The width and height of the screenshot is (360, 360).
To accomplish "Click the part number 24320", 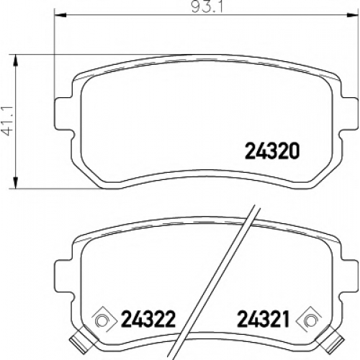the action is tap(272, 151).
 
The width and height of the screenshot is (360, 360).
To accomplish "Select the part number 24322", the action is tap(148, 319).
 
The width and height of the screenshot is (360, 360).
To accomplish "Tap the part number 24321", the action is tap(264, 319).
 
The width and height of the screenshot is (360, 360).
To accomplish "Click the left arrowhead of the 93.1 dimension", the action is tap(60, 16).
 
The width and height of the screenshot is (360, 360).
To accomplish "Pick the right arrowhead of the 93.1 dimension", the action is tap(353, 16).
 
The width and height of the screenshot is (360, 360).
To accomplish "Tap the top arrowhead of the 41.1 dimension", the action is tap(16, 60).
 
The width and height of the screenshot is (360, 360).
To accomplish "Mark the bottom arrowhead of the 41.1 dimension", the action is tap(16, 183).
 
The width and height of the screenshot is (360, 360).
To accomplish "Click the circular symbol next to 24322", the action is tap(102, 320).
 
